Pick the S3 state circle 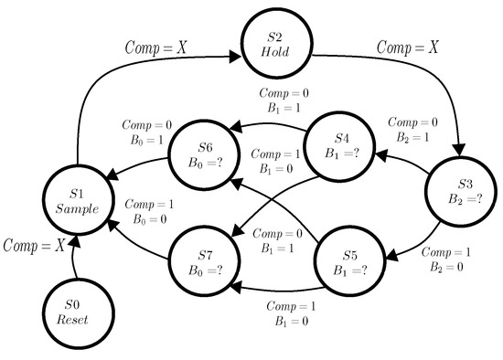[460, 196]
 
